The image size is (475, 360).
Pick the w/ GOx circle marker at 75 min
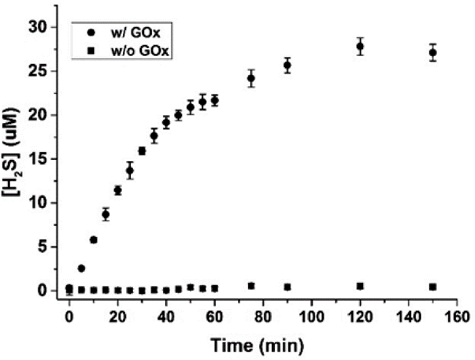pos(251,78)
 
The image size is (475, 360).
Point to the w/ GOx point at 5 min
pos(81,268)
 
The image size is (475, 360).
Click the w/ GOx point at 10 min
pos(93,240)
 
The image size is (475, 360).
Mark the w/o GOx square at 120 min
pos(360,286)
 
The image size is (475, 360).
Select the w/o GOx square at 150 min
pos(433,287)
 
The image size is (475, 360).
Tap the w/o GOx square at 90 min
pos(287,287)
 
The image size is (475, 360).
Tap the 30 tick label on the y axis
pos(41,27)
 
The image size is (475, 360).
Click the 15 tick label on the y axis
pos(41,159)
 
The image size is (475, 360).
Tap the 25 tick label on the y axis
pos(41,71)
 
